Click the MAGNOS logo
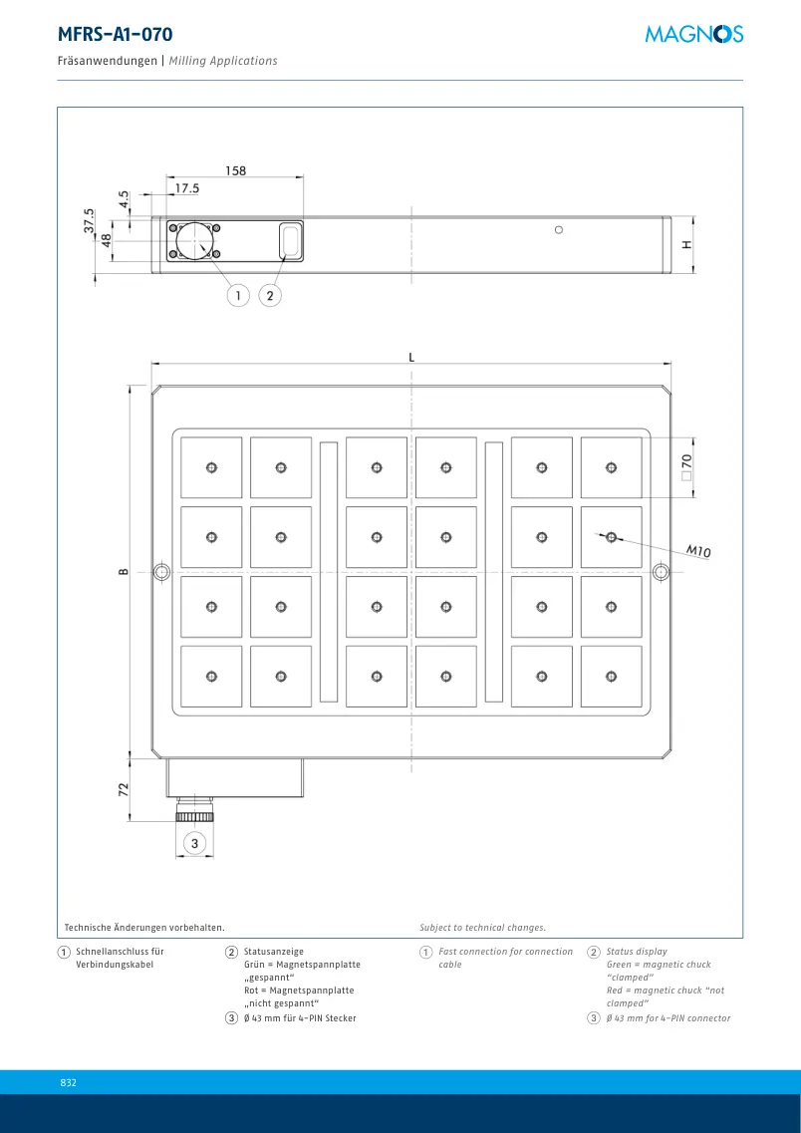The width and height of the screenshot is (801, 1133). pos(694,33)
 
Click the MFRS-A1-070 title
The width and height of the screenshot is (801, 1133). pos(115,34)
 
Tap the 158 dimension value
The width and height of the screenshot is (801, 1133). pos(235,171)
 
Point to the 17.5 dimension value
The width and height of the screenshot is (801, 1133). pos(186,188)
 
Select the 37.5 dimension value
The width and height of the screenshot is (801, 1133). pos(89,220)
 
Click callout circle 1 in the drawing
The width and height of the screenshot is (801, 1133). pos(238,295)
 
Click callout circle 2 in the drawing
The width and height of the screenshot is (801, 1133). pos(270,295)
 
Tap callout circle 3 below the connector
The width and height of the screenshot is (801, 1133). pos(194,842)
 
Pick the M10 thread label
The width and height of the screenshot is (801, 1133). pos(698,551)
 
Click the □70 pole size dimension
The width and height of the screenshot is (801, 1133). pos(686,467)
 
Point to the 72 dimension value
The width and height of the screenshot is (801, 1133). pos(124,788)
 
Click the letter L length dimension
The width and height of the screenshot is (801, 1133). pos(411,357)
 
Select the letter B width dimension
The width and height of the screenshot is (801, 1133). pos(124,572)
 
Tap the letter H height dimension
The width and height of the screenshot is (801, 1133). pos(686,244)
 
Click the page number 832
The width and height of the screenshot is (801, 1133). pos(68,1082)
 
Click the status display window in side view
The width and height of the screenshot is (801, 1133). pos(290,239)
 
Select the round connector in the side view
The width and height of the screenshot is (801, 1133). pos(194,240)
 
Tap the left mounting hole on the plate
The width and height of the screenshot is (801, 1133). pos(161,572)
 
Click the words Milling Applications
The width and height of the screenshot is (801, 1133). pos(223,61)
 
